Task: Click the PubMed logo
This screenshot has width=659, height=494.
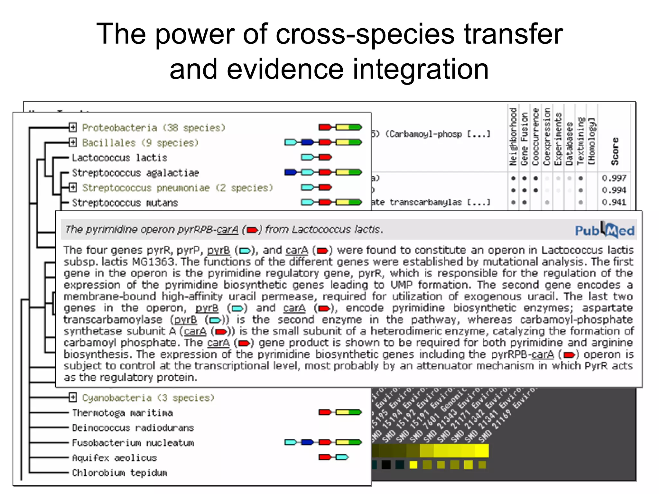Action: pyautogui.click(x=604, y=230)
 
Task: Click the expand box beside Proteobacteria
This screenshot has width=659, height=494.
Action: pyautogui.click(x=73, y=127)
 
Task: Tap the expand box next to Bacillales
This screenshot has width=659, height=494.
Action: pyautogui.click(x=73, y=142)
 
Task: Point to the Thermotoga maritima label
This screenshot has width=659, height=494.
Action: pyautogui.click(x=122, y=413)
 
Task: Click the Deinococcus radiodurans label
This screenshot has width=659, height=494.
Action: pyautogui.click(x=133, y=428)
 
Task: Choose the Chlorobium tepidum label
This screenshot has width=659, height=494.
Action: pyautogui.click(x=119, y=473)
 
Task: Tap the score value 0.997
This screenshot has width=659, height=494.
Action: pyautogui.click(x=614, y=178)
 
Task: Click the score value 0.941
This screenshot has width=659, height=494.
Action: pyautogui.click(x=614, y=202)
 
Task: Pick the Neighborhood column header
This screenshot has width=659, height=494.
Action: pyautogui.click(x=513, y=137)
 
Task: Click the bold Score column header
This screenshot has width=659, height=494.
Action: pyautogui.click(x=615, y=151)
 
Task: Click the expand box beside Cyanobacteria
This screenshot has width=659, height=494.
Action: pyautogui.click(x=73, y=398)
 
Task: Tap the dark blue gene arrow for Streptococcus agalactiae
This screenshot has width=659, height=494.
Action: pyautogui.click(x=291, y=172)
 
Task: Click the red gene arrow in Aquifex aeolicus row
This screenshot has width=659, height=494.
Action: pyautogui.click(x=325, y=457)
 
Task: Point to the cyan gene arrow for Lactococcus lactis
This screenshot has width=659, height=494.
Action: pyautogui.click(x=307, y=157)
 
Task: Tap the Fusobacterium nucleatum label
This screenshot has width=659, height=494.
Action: pyautogui.click(x=133, y=443)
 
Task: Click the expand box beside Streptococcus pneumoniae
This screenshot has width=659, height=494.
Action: pyautogui.click(x=73, y=187)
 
